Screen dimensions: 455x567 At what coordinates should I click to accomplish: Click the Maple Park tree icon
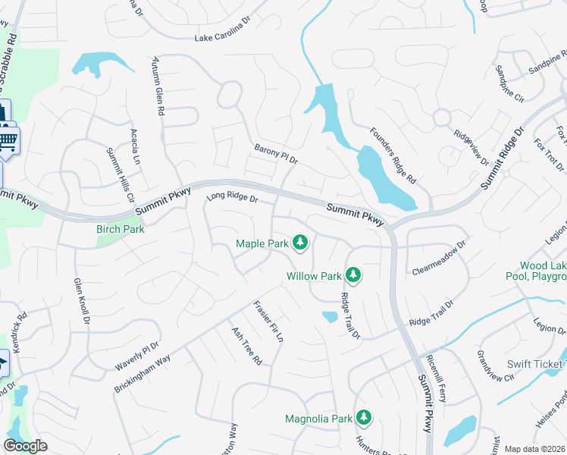[x=301, y=243]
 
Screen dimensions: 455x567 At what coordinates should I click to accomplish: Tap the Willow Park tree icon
[x=352, y=275]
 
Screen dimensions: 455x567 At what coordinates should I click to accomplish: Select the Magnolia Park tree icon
[x=364, y=417]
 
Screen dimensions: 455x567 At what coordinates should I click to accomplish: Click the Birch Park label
[x=120, y=229]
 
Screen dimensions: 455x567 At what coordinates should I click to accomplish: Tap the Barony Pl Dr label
[x=277, y=154]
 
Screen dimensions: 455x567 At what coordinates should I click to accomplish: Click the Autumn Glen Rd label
[x=158, y=85]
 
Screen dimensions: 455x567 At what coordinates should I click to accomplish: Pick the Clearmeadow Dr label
[x=437, y=259]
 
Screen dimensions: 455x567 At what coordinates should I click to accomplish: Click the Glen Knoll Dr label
[x=81, y=302]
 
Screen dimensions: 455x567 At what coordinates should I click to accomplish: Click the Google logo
[x=25, y=446]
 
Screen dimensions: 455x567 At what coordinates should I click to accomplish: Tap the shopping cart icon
[x=8, y=140]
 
